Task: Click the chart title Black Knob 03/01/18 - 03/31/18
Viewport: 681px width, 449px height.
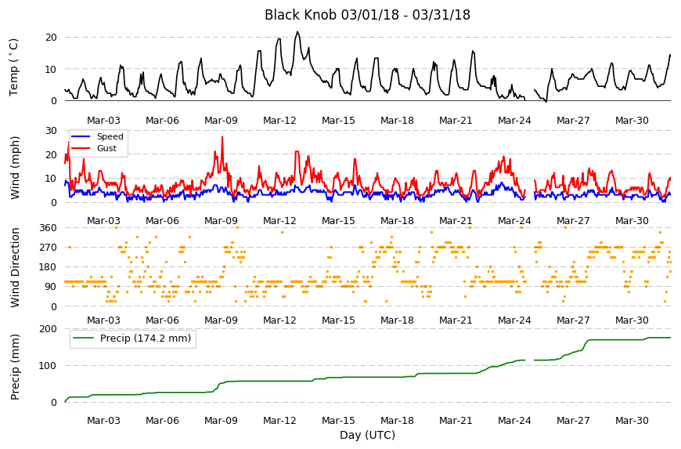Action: [x=367, y=15]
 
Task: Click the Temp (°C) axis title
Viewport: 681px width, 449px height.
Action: [x=14, y=67]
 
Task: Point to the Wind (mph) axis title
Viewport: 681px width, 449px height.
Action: [x=15, y=168]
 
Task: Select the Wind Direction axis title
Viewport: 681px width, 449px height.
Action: [x=15, y=267]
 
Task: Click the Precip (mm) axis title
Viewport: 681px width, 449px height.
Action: [x=15, y=367]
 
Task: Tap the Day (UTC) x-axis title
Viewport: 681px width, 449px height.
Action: [x=367, y=435]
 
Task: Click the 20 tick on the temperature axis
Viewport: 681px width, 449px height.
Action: [x=51, y=38]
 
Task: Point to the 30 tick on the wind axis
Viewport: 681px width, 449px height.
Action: [x=51, y=131]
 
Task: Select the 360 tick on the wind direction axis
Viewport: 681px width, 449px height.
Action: [x=48, y=228]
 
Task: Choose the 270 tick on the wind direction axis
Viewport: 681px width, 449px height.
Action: [x=48, y=248]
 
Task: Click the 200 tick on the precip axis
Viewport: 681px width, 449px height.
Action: [x=48, y=329]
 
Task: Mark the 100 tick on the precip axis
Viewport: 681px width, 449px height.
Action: [x=48, y=365]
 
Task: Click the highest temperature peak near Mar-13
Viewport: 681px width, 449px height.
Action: [x=297, y=31]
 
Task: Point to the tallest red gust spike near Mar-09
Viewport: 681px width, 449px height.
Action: [x=222, y=137]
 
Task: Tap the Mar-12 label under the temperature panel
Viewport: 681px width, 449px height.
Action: [x=279, y=121]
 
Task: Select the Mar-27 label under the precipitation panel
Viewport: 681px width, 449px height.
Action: [x=573, y=421]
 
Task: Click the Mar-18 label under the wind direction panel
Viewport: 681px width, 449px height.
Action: [x=397, y=320]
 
